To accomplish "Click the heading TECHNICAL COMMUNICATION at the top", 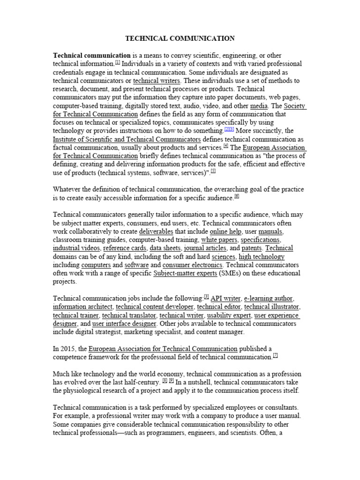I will pyautogui.click(x=180, y=38).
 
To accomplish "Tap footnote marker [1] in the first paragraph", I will pyautogui.click(x=118, y=62).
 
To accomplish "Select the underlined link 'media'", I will pyautogui.click(x=259, y=106).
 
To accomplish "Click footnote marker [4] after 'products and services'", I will pyautogui.click(x=225, y=146).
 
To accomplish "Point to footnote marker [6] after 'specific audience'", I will pyautogui.click(x=237, y=196).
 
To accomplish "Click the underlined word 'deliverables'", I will pyautogui.click(x=156, y=232).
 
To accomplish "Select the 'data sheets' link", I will pyautogui.click(x=165, y=248).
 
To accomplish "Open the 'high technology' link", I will pyautogui.click(x=262, y=257).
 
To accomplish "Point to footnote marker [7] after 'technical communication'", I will pyautogui.click(x=276, y=356).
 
